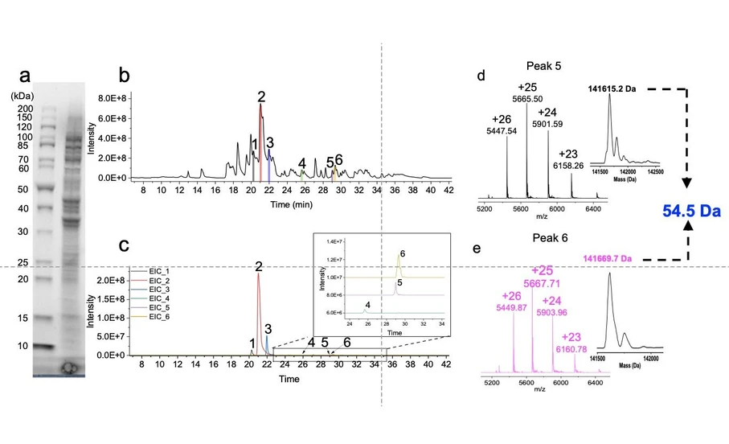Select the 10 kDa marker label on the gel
[24, 346]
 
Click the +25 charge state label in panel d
[527, 88]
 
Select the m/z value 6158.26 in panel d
[567, 165]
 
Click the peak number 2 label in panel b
[261, 97]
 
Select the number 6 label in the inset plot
[402, 253]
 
